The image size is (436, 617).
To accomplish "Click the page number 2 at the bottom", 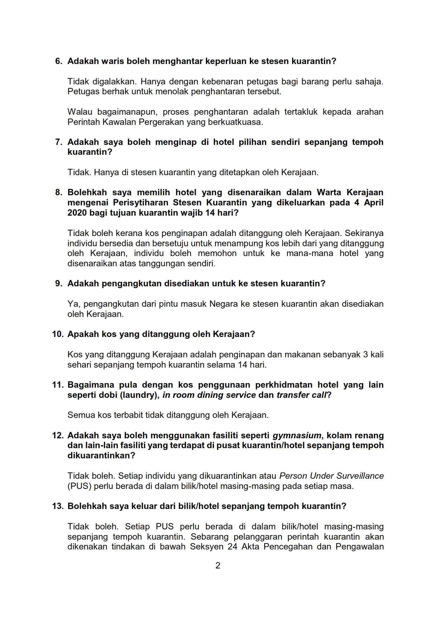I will (218, 566).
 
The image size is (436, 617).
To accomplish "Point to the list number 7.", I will (59, 142).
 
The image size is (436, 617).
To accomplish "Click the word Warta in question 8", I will (329, 192).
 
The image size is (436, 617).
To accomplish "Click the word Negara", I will (223, 304).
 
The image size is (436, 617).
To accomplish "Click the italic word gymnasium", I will (297, 435).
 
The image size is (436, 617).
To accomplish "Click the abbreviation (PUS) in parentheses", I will (79, 486).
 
